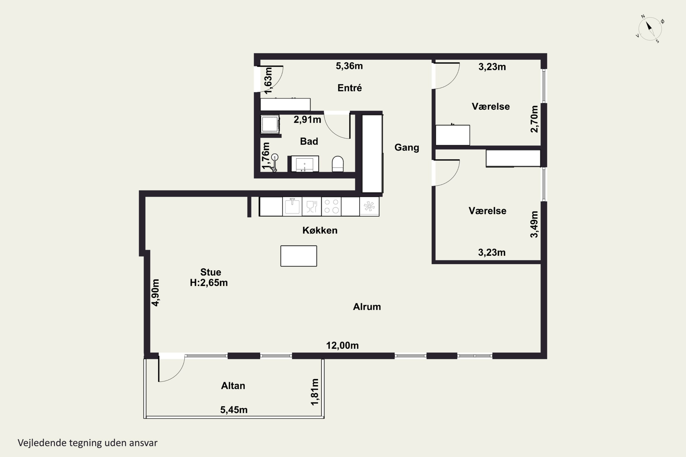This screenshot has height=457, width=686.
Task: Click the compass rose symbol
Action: pyautogui.click(x=650, y=29)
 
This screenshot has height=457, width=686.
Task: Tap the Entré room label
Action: pyautogui.click(x=349, y=88)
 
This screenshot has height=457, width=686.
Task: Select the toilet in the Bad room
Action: pyautogui.click(x=338, y=164)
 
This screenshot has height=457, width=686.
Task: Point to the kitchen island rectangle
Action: pyautogui.click(x=299, y=256)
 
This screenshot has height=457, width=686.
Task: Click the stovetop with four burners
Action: pyautogui.click(x=331, y=206)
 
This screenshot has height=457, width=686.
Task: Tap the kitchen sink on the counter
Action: pyautogui.click(x=292, y=206)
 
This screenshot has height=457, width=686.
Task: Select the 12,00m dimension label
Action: pyautogui.click(x=342, y=345)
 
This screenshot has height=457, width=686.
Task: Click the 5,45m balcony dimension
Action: pyautogui.click(x=234, y=410)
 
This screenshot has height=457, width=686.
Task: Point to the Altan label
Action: pyautogui.click(x=233, y=386)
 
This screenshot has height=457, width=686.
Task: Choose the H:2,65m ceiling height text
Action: pyautogui.click(x=209, y=282)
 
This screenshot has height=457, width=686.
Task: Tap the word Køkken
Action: pyautogui.click(x=320, y=230)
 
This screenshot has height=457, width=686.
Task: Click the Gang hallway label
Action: pyautogui.click(x=407, y=147)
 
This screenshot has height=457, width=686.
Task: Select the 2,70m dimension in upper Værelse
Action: pyautogui.click(x=534, y=119)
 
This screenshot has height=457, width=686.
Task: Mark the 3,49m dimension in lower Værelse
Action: pyautogui.click(x=534, y=224)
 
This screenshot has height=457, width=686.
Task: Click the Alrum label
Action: pyautogui.click(x=367, y=307)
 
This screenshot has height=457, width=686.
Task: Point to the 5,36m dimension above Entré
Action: pyautogui.click(x=349, y=66)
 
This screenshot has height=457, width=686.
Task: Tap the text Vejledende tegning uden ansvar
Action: pyautogui.click(x=88, y=443)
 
